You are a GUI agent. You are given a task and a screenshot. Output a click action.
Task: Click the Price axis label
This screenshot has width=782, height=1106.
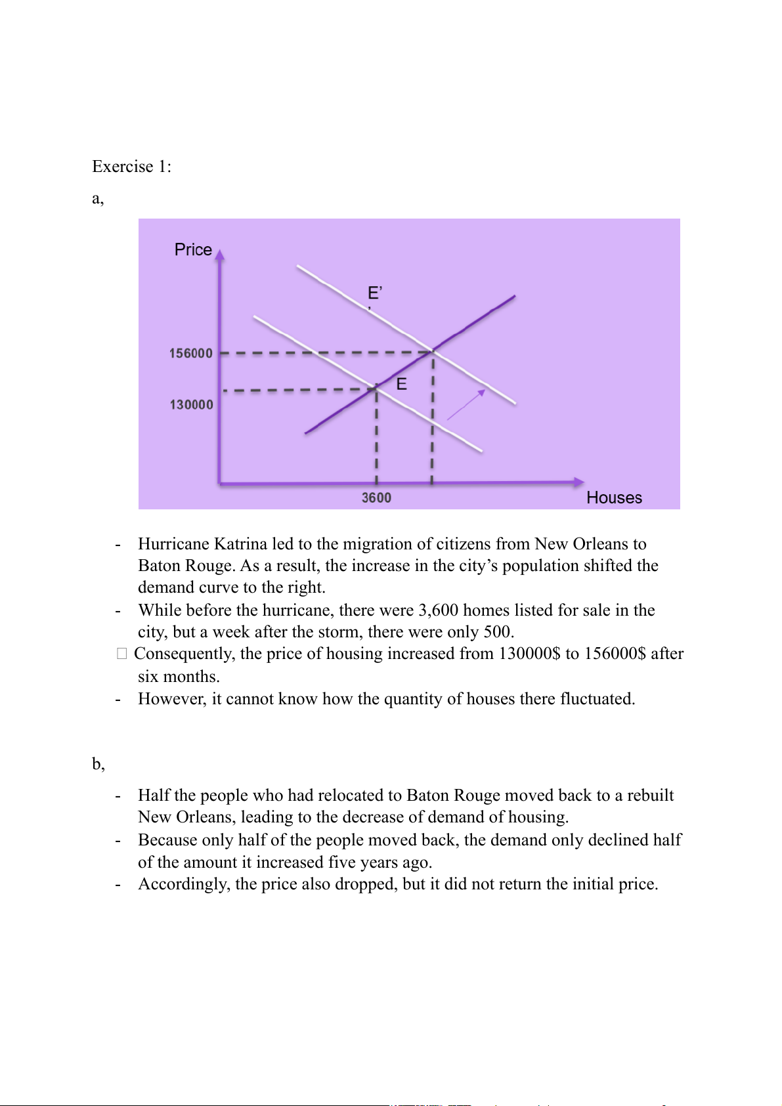[193, 250]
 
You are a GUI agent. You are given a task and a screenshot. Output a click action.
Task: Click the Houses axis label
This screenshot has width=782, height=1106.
[614, 498]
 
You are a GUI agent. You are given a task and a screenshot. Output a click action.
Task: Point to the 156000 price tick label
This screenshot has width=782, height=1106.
[191, 353]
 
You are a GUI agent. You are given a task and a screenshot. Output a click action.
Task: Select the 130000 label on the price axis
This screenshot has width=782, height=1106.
[192, 404]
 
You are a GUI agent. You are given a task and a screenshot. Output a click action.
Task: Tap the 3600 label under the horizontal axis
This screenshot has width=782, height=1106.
[376, 498]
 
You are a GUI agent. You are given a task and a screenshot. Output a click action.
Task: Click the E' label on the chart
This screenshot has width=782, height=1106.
[375, 293]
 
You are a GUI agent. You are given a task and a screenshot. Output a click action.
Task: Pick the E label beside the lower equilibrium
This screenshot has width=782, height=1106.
[402, 384]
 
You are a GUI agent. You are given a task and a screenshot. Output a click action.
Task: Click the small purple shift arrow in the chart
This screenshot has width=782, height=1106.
[466, 404]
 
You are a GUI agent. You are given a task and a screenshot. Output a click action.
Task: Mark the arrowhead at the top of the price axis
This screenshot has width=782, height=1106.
[220, 255]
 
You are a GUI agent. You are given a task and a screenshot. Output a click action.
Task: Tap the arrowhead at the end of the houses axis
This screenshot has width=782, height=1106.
[578, 482]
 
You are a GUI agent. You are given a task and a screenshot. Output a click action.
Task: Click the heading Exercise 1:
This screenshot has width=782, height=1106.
[131, 167]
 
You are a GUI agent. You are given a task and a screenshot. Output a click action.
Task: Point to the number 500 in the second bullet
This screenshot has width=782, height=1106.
[497, 632]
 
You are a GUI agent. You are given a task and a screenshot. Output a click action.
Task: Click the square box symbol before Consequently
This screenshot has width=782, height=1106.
[121, 654]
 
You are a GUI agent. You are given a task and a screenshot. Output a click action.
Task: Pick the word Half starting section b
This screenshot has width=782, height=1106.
[153, 796]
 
